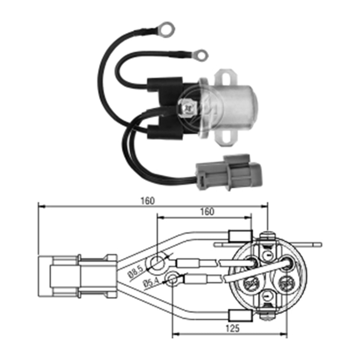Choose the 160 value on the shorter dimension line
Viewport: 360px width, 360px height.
(x=206, y=212)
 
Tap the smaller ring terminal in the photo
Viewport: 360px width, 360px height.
(x=200, y=55)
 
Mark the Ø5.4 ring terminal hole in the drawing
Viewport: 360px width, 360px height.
(x=173, y=279)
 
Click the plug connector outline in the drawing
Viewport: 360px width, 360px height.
(x=77, y=276)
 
